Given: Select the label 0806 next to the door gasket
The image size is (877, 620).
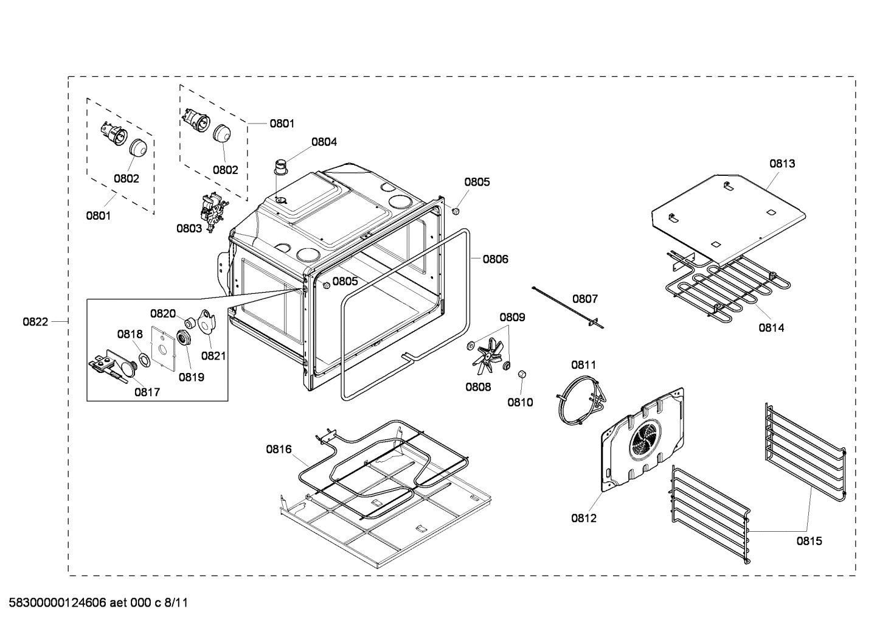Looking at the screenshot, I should pos(495,259).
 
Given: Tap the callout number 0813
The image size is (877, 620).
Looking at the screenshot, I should pos(782,163).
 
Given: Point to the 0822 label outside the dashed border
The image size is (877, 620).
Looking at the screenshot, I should pos(35,322).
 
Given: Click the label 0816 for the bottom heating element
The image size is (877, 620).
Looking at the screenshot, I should pos(279,450).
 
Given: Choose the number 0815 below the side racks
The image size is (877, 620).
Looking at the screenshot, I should pos(809,540).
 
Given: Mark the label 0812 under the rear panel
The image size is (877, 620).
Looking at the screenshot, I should pos(583,518).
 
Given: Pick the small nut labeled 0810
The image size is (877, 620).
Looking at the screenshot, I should pos(521,374).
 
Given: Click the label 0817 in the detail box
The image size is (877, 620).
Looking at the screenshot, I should pos(147,392).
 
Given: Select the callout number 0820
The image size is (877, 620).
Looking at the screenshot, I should pos(163,313).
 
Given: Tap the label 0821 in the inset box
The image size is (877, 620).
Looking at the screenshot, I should pos(213,355).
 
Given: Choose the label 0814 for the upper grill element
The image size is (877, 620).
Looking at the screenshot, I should pos(771,327).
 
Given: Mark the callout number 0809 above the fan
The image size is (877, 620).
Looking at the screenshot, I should pos(512,317).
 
